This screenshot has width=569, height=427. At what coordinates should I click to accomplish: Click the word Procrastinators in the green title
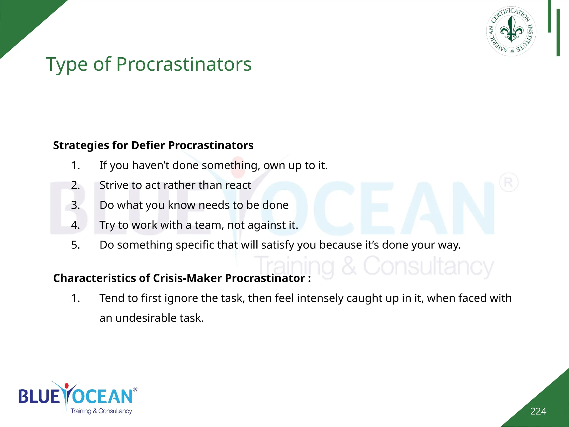coord(184,64)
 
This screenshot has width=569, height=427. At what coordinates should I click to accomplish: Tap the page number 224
coord(538,411)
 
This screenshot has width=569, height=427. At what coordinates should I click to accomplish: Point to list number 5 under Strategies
coord(76,245)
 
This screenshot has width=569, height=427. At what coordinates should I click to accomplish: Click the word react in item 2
coord(238,185)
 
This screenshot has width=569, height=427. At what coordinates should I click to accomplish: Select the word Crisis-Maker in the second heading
coord(187,278)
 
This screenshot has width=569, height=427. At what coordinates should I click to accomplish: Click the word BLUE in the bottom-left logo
coord(39,396)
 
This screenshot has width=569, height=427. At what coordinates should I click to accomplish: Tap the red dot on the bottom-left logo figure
coord(66,386)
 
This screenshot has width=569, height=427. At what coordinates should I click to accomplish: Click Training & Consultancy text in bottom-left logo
coord(101,411)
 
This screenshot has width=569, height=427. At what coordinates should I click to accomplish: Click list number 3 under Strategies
coord(76,205)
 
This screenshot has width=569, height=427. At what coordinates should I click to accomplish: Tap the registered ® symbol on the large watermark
coord(508,183)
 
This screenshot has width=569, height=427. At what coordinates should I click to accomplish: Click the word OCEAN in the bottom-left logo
coord(103,396)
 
